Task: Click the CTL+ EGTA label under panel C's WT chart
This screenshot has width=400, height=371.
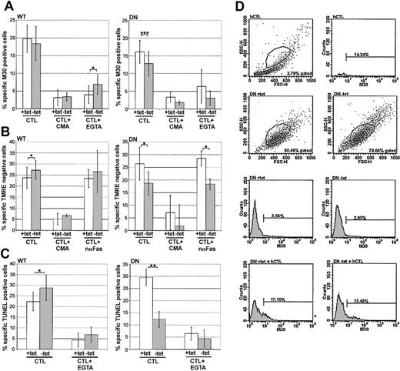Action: tap(88, 364)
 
